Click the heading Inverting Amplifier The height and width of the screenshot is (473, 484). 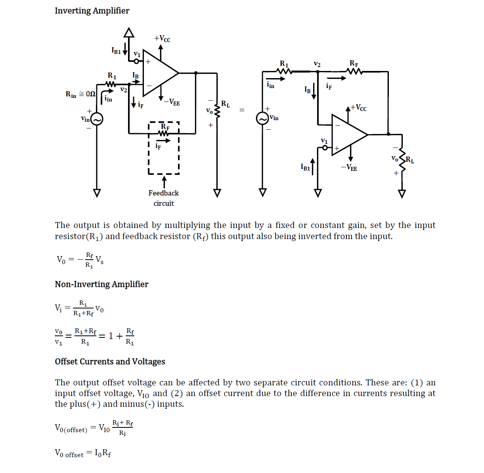click(x=92, y=11)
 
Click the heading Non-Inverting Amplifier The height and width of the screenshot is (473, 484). click(x=101, y=284)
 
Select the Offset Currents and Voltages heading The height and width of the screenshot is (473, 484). click(x=110, y=362)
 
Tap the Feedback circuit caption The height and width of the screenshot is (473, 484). click(x=164, y=198)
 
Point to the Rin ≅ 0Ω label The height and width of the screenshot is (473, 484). click(x=80, y=94)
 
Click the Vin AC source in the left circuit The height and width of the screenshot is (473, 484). click(x=97, y=119)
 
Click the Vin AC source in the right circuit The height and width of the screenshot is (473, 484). click(x=262, y=118)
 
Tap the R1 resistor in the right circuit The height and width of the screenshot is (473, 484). click(x=284, y=71)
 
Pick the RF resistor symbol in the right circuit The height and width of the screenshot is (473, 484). click(x=354, y=71)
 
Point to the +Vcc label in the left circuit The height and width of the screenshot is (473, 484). click(x=162, y=38)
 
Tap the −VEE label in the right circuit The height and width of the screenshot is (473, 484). click(x=349, y=168)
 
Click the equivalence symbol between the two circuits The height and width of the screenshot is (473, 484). click(x=242, y=110)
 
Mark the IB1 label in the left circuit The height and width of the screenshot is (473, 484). click(x=116, y=51)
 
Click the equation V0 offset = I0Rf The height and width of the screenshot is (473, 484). click(x=83, y=453)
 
